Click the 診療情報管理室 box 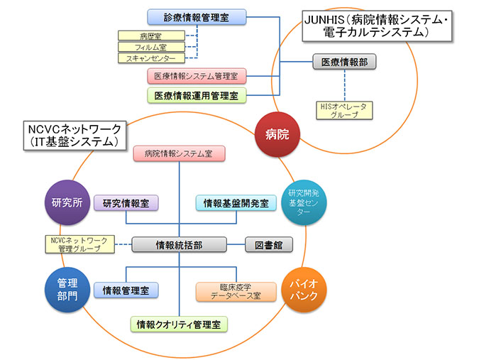coord(197,16)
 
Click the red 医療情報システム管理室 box coord(197,75)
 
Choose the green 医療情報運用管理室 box coord(197,94)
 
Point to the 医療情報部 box coord(344,61)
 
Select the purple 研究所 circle coord(67,202)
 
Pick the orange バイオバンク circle coord(304,289)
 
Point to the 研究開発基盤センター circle coord(304,202)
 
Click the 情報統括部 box coord(180,245)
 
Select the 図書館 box coord(269,245)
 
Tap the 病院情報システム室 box coord(179,153)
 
